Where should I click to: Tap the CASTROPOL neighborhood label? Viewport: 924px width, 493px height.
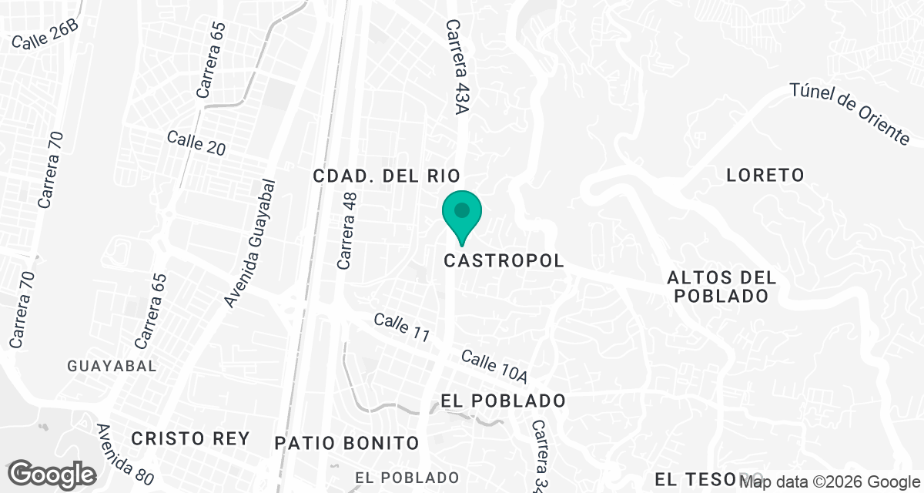coord(504,261)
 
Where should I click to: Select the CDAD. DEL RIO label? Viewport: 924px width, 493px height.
coord(387,176)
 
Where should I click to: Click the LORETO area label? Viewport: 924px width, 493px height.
coord(765,176)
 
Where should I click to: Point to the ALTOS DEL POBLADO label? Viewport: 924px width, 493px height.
coord(721,287)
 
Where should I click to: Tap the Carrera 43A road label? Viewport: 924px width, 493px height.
coord(457,68)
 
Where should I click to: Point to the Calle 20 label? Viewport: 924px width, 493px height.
coord(196,144)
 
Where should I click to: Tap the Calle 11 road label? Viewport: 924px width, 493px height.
coord(401,328)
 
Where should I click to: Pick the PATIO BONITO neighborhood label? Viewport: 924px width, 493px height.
coord(346,443)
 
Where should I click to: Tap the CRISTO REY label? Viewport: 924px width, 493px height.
coord(190,439)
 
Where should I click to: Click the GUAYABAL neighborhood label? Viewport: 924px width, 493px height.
coord(112,365)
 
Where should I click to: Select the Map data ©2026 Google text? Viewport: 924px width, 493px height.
coord(830,482)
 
